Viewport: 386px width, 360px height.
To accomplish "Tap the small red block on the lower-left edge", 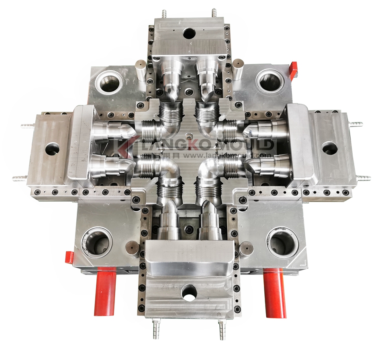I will coord(69,258).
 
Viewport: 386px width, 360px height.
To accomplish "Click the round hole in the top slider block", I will coord(189,33).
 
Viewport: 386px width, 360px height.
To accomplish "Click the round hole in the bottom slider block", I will coord(189,292).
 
